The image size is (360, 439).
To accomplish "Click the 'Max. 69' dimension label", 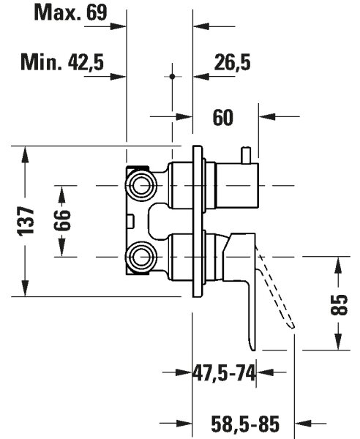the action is point(70,13).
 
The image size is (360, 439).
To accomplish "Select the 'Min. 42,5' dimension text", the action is point(62,62).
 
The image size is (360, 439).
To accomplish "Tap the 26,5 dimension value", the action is point(232,62).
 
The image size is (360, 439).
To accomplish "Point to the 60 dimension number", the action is point(223,118).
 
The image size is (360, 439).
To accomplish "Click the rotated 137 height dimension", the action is point(26,221).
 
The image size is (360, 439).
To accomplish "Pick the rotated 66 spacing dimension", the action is point(62,220).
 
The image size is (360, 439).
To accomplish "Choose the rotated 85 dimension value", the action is point(339,304).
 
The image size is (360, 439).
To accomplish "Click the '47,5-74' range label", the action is point(224,373).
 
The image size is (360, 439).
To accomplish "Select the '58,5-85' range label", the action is point(245,423).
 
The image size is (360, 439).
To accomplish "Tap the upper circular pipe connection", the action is point(140,186).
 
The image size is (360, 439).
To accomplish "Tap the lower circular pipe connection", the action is point(140,257).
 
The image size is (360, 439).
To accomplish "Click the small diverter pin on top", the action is point(247,155).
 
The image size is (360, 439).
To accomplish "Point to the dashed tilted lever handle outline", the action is point(276,291).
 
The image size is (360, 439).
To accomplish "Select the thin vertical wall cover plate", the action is point(198,221).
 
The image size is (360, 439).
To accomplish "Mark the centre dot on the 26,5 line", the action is point(172,76).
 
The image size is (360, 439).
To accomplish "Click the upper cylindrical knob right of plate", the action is point(237,186).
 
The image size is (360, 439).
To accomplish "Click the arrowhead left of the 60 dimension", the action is point(184,116).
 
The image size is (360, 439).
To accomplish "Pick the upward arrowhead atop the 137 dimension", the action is point(25,154).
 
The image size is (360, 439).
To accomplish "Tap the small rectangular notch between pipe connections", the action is point(131,221).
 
